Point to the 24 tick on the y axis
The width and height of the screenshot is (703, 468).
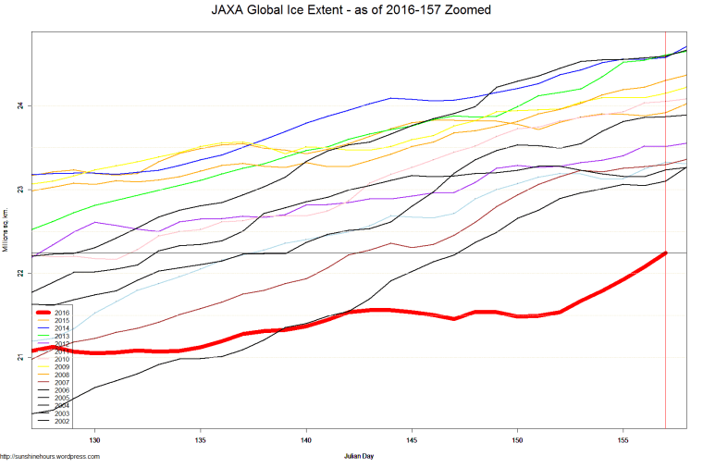pyautogui.click(x=19, y=105)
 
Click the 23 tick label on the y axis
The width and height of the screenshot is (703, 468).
pyautogui.click(x=19, y=189)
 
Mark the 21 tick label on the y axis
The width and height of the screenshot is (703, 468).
pyautogui.click(x=19, y=356)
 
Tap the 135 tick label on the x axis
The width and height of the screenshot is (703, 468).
pyautogui.click(x=201, y=440)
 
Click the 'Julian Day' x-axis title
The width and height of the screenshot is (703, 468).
pyautogui.click(x=359, y=456)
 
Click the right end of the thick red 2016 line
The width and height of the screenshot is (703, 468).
pyautogui.click(x=665, y=252)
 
